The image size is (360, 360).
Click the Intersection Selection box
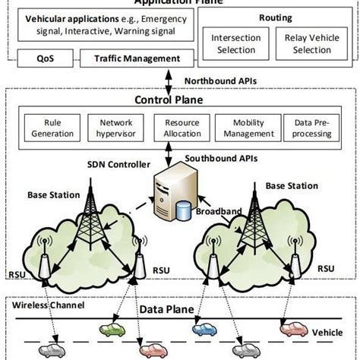pyautogui.click(x=236, y=43)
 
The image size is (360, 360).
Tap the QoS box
pyautogui.click(x=44, y=57)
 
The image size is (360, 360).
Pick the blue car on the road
pyautogui.click(x=206, y=330)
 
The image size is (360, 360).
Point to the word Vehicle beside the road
pyautogui.click(x=328, y=333)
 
